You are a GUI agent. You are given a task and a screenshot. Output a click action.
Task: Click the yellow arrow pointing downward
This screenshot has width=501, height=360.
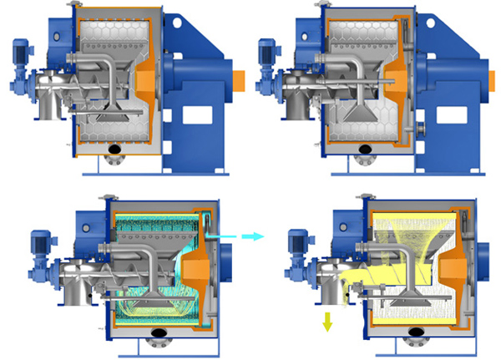tap(326, 322)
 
